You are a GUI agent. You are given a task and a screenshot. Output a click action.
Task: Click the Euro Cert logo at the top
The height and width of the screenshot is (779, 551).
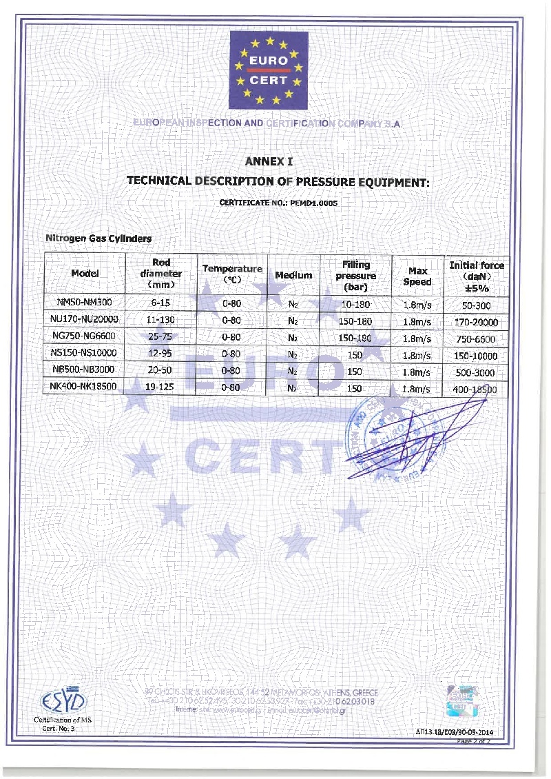click(x=269, y=71)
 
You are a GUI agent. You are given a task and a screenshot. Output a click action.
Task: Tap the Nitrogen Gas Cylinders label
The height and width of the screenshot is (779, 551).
click(x=98, y=238)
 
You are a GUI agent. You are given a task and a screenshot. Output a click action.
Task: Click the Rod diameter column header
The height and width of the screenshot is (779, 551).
click(x=161, y=274)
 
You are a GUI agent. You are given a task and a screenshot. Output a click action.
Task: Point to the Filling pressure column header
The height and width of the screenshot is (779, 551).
click(x=356, y=275)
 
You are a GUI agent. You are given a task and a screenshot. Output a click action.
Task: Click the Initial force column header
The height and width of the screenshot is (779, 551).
click(x=477, y=276)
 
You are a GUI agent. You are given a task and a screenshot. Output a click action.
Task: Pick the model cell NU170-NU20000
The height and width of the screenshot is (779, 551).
click(x=86, y=320)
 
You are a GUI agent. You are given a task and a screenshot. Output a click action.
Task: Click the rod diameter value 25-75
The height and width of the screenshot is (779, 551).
click(x=160, y=337)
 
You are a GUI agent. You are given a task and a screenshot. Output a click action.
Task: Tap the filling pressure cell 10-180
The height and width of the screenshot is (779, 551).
click(x=356, y=304)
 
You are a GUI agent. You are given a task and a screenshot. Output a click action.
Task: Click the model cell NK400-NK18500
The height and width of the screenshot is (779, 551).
click(x=86, y=387)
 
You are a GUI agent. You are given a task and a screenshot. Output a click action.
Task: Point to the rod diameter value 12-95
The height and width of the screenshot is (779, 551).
click(x=160, y=354)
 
